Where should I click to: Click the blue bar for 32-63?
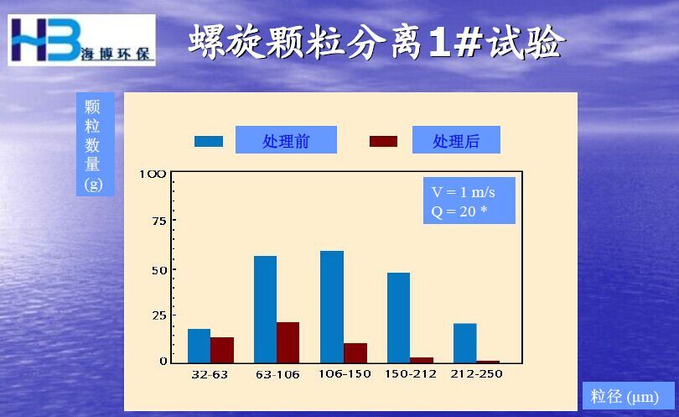coord(199,346)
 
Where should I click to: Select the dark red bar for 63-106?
coord(288,342)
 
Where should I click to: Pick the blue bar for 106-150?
coord(332,307)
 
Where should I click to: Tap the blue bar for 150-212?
coord(398,318)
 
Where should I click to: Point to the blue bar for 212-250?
coord(465,343)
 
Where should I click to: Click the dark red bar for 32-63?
coord(222,350)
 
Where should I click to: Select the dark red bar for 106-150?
coord(355,353)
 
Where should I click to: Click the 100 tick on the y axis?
coord(153,175)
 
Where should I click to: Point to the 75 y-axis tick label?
coord(159,222)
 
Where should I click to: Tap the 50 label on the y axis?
coord(159,270)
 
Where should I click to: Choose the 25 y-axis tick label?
coord(159,315)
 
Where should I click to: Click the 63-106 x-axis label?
coord(277,374)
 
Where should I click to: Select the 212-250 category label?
coord(476,373)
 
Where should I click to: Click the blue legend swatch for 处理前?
coord(209,141)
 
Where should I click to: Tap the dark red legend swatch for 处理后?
coord(383,141)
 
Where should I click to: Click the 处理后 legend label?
coord(456,140)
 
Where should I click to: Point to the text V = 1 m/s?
coord(463,192)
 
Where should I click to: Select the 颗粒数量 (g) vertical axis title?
coord(93,145)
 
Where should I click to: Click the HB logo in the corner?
coord(81,40)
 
